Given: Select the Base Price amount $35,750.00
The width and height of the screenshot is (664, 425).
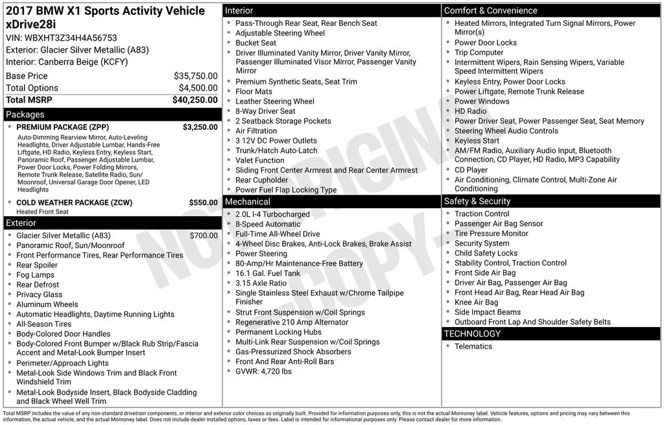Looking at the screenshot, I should tap(195, 76).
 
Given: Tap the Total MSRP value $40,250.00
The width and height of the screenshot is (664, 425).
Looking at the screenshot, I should tap(195, 100).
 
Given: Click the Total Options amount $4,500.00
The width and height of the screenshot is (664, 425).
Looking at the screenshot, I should tap(198, 88).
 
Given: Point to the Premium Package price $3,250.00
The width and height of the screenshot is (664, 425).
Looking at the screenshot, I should tap(200, 127).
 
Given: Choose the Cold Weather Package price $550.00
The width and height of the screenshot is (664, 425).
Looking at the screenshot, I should tap(203, 202).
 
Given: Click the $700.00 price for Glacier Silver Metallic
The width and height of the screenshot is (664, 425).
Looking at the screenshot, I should tap(204, 236).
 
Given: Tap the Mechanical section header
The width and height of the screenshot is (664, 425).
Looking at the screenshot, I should tap(247, 202).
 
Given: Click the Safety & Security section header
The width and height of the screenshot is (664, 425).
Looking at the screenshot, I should tap(478, 201).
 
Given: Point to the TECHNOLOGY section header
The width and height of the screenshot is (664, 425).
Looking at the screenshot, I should tap(472, 334).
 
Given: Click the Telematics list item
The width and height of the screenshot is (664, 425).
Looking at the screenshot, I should tap(473, 346).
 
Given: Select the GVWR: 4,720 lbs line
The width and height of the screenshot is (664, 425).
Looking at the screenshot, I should tap(263, 371).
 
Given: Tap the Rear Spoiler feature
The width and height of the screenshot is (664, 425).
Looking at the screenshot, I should tap(37, 265).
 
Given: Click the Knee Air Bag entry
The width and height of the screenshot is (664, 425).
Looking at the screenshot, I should tap(476, 302).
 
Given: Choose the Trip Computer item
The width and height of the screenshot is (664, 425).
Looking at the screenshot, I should tap(479, 53).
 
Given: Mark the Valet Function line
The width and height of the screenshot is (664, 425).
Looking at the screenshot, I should tap(260, 160).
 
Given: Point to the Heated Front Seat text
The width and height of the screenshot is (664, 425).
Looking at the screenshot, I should tap(43, 212).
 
